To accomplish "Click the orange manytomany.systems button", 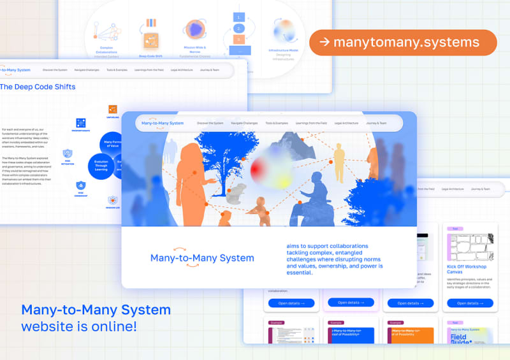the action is pos(403,43).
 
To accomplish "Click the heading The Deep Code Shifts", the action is pos(38,87).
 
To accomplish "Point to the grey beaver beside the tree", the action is pos(236,192).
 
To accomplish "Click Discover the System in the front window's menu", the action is pos(210,123).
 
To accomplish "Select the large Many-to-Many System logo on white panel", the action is pos(202,257).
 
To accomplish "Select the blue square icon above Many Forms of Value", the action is pos(81,123).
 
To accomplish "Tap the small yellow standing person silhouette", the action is pos(339,161).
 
